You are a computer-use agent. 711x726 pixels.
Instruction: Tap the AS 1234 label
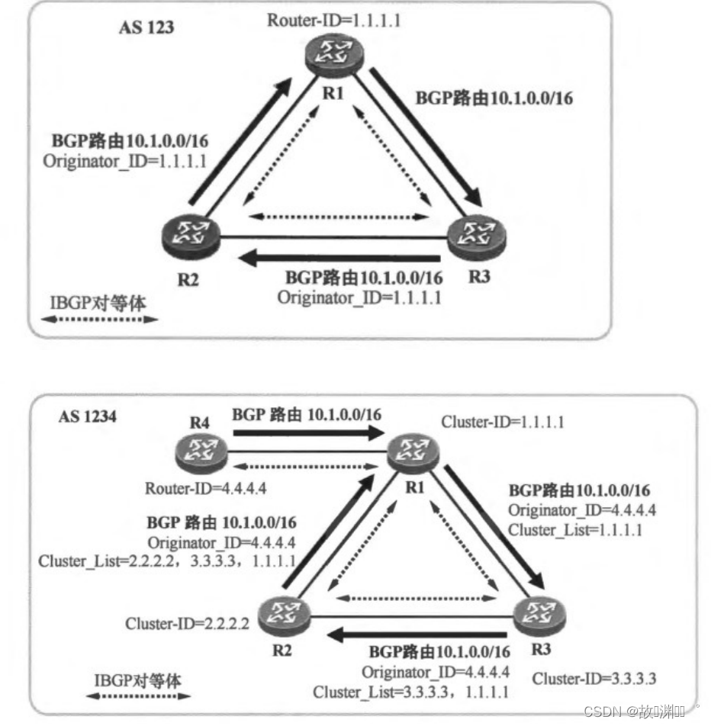88,418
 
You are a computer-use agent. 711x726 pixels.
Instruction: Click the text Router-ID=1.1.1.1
334,20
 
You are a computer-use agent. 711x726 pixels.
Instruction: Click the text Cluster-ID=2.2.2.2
187,625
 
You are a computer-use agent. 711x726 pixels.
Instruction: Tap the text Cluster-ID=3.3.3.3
595,678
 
